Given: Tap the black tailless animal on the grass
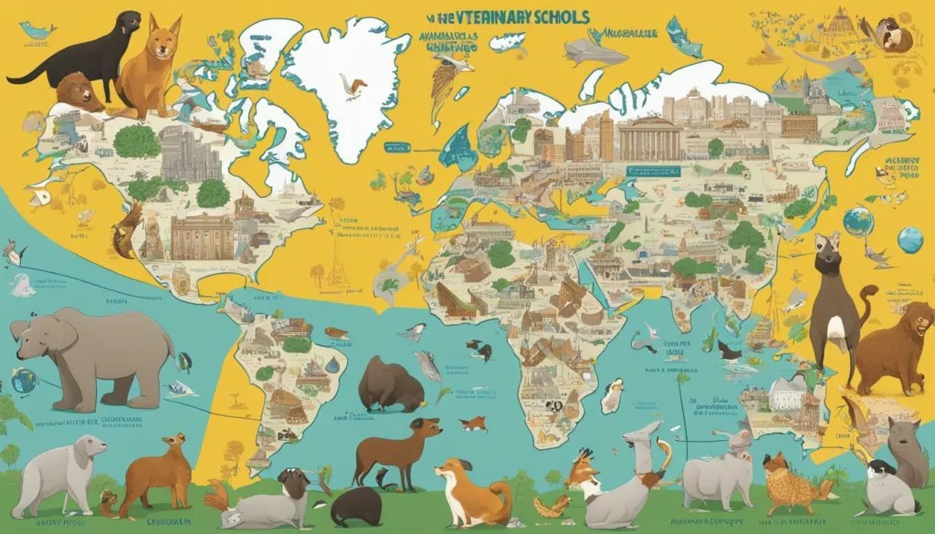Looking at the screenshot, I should click(x=357, y=508).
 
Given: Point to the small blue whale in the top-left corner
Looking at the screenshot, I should click(x=37, y=31).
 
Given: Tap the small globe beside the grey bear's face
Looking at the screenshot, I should click(x=24, y=381).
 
